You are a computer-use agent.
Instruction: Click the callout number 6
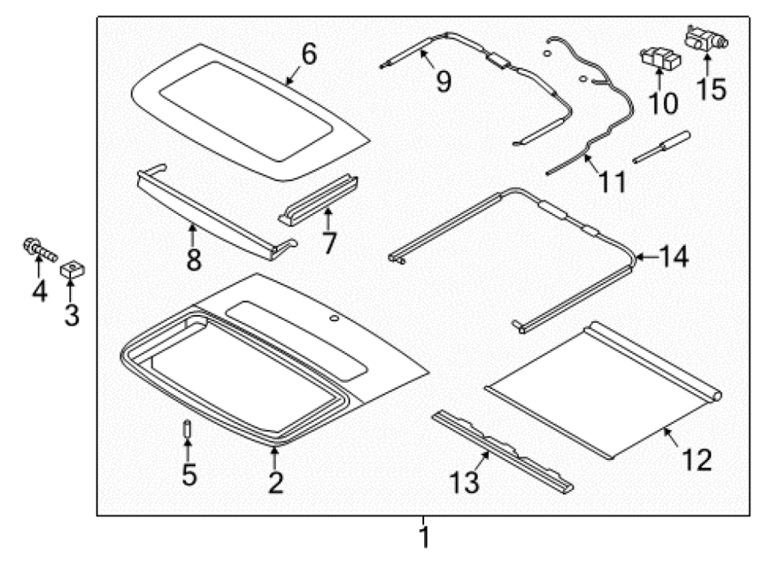[308, 55]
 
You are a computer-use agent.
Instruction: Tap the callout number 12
[696, 460]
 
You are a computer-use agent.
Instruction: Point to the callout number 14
[673, 257]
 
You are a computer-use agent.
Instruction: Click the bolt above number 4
[39, 250]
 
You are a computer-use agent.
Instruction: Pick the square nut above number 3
[73, 269]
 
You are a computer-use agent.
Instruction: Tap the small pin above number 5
[187, 429]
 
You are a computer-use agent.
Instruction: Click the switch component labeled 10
[661, 59]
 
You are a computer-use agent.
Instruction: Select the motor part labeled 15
[707, 39]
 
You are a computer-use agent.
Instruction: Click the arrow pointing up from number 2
[274, 457]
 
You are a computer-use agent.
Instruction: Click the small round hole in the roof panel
[334, 319]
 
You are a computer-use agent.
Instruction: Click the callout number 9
[444, 81]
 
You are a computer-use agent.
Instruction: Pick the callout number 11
[613, 182]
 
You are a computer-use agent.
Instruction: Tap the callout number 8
[194, 260]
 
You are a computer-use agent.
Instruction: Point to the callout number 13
[464, 482]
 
